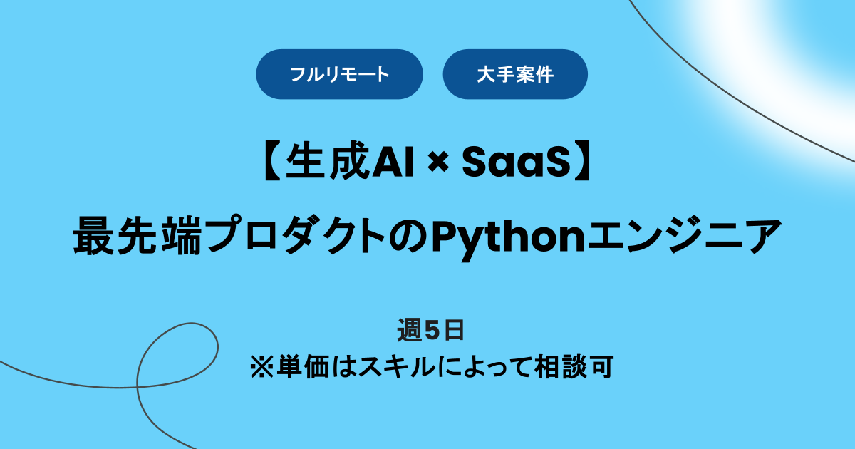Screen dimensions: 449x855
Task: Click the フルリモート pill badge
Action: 339,74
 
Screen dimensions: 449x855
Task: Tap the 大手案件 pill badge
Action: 515,74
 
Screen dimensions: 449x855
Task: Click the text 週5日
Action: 430,331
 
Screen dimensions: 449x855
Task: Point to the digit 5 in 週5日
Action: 430,331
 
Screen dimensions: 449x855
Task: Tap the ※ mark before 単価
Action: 259,368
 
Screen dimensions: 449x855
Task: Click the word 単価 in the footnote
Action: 300,368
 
